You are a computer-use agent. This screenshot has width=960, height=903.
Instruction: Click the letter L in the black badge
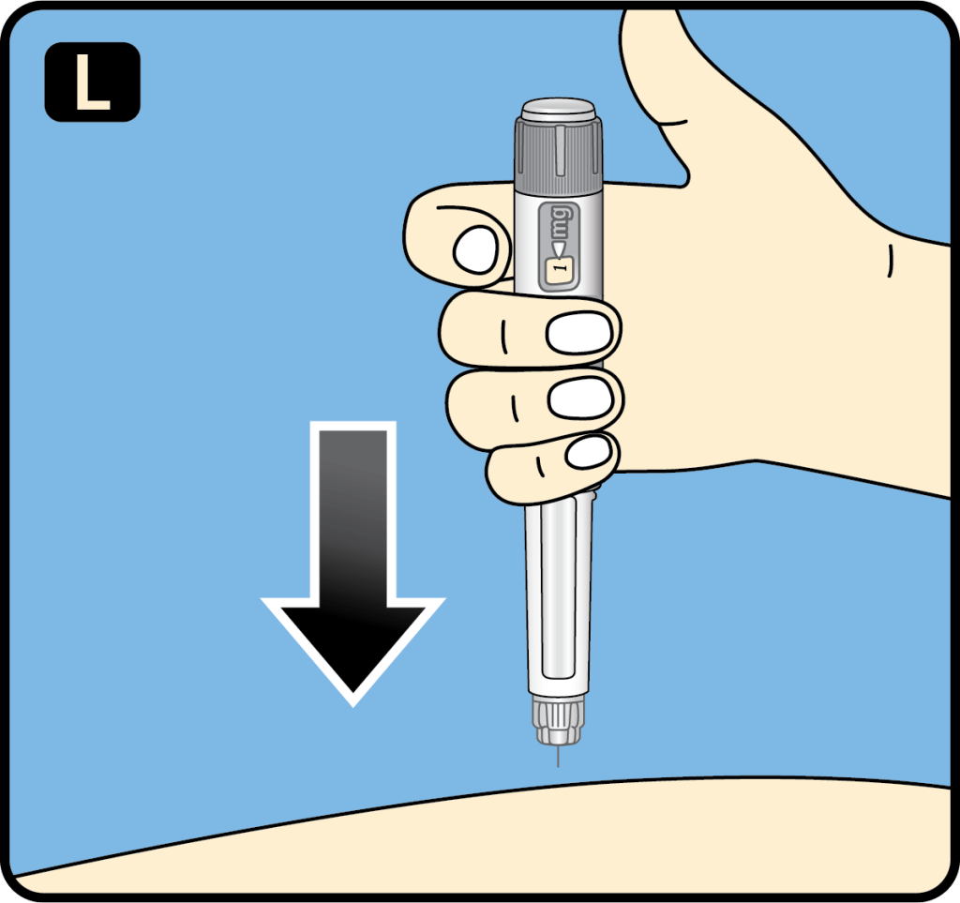point(92,82)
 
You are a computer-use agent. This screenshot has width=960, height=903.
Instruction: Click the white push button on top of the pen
point(558,109)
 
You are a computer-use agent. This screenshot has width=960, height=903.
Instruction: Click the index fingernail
point(475,249)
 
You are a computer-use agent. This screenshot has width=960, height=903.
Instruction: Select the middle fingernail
point(579,334)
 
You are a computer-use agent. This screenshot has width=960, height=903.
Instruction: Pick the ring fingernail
point(580,399)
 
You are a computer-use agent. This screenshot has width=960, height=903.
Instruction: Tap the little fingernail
point(589,452)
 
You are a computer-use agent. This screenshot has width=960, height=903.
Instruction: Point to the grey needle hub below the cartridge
point(558,719)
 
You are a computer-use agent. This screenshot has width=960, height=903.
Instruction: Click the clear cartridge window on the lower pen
point(558,588)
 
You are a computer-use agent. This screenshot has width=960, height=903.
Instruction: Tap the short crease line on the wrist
point(891,261)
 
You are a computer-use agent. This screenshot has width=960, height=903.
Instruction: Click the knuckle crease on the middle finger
point(503,337)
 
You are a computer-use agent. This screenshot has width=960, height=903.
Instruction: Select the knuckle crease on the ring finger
point(515,408)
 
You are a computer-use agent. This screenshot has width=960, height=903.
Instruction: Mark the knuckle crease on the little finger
point(540,466)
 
